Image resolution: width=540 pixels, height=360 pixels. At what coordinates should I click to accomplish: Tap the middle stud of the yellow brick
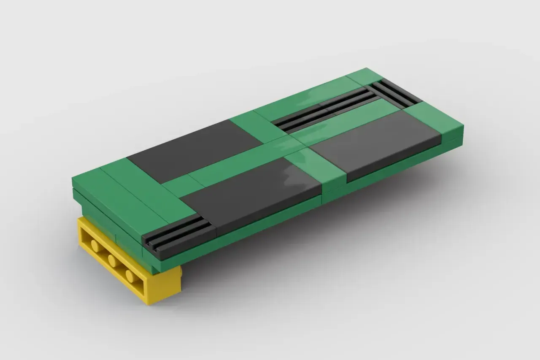(112, 260)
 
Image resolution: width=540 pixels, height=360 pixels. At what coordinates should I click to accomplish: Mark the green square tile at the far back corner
(364, 76)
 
